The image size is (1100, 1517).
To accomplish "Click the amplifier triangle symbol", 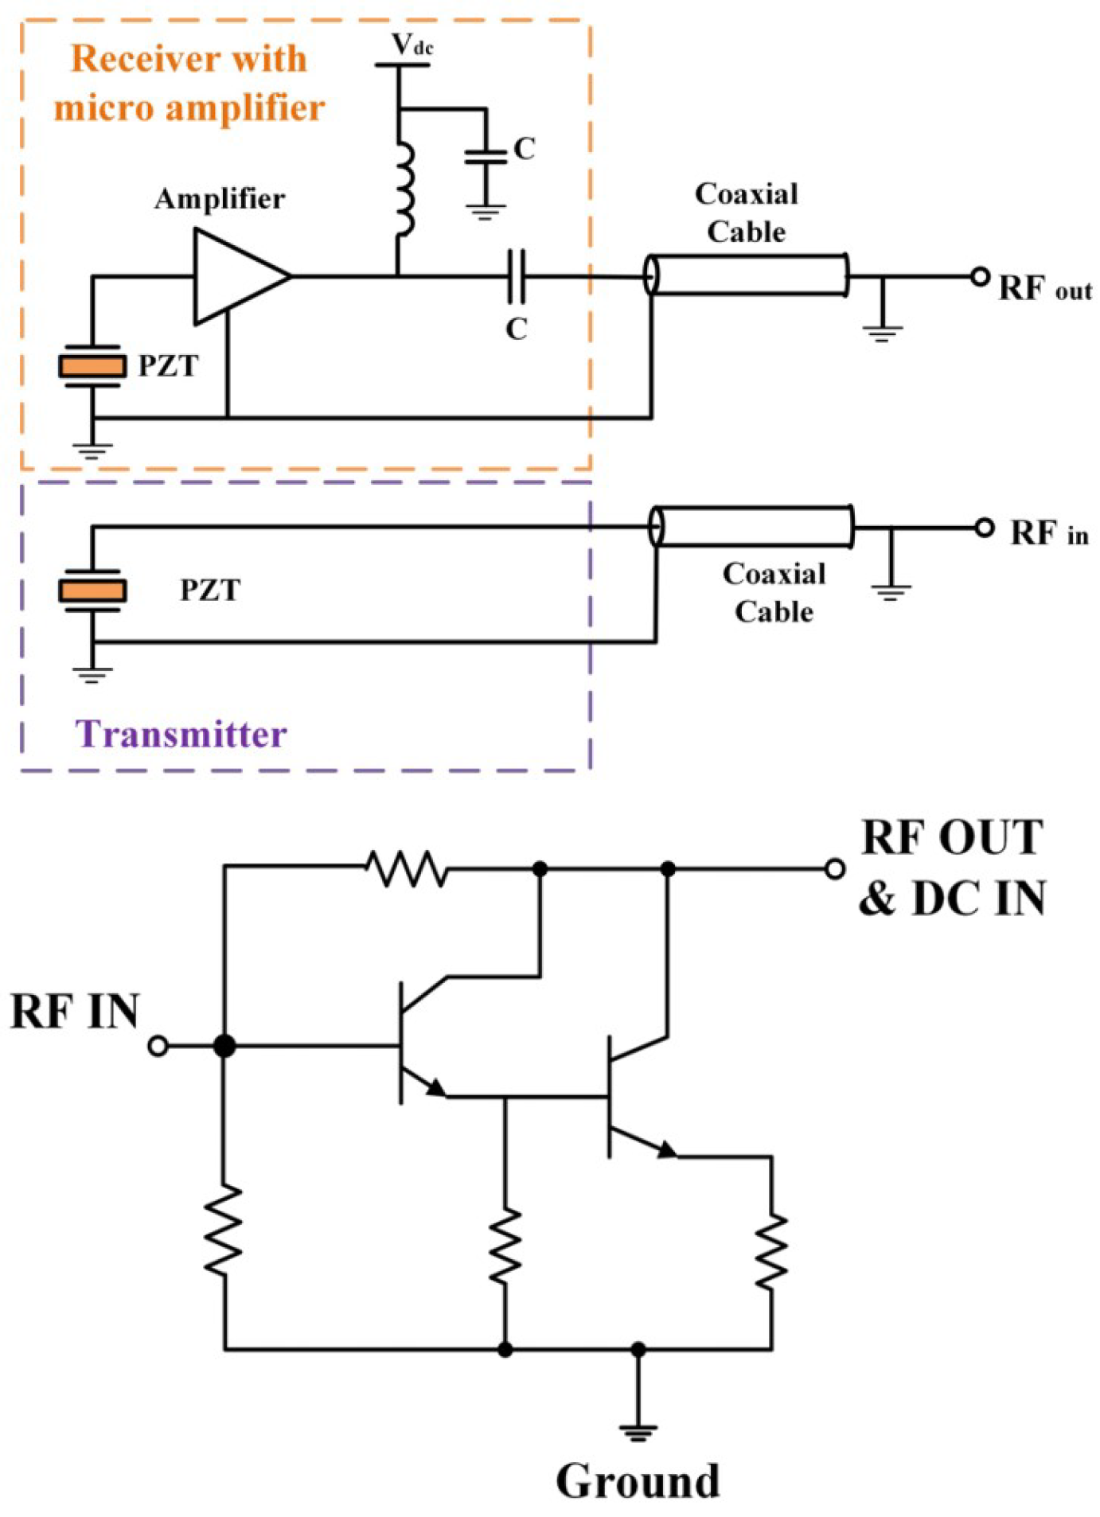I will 236,276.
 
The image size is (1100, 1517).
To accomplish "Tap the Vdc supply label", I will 412,45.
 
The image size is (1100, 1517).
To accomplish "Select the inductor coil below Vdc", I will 405,189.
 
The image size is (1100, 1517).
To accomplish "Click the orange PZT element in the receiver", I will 92,366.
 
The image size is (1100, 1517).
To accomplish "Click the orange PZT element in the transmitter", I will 92,591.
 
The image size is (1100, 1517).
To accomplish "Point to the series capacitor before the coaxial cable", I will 517,276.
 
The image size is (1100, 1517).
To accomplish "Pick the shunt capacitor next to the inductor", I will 486,156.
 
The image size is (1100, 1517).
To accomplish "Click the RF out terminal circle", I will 980,276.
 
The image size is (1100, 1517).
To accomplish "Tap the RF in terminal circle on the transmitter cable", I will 984,528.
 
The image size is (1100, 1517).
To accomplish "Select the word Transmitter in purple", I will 181,734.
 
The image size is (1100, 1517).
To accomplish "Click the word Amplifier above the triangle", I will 220,199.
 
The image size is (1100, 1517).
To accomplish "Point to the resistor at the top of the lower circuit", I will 406,868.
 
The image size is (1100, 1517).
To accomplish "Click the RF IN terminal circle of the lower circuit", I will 158,1045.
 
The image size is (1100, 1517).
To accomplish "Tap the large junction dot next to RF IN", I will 224,1045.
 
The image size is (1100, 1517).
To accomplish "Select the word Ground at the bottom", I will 638,1480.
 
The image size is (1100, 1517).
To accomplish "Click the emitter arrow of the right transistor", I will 665,1148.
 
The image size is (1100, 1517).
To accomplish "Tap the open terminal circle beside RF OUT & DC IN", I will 834,868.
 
